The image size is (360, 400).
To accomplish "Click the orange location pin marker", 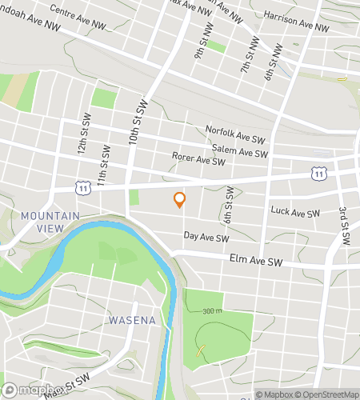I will click(179, 200).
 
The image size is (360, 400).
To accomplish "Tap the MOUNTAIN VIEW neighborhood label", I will click(50, 222).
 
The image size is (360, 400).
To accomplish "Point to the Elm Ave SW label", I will click(256, 262).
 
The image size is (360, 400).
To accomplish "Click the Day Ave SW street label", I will click(206, 238).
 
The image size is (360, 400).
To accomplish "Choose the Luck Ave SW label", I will click(295, 213).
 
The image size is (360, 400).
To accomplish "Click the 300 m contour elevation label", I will click(212, 310).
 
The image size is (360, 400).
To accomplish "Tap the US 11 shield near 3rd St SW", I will click(320, 173).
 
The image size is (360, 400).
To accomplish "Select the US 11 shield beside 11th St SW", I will click(82, 186).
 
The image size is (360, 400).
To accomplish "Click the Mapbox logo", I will click(29, 391).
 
